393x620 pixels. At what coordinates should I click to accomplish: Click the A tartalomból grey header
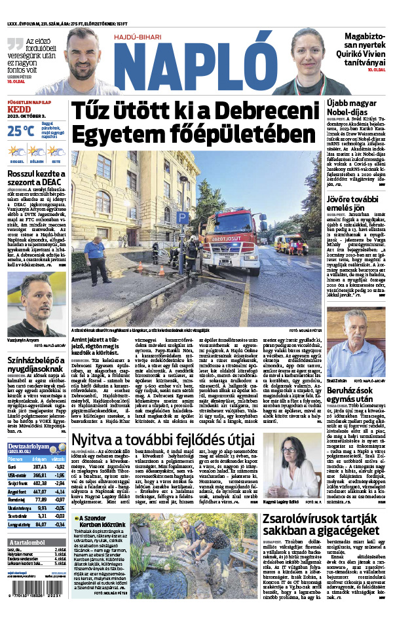click(26, 543)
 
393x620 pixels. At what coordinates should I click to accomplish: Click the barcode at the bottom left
click(33, 589)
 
